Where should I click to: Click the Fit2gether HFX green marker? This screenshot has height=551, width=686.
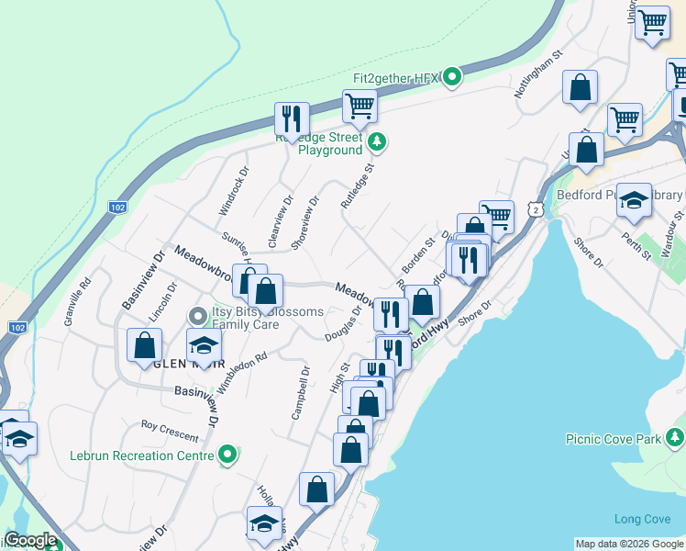point(451,77)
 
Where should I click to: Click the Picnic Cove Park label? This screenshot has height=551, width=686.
point(613,439)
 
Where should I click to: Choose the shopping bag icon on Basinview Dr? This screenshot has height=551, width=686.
point(145,346)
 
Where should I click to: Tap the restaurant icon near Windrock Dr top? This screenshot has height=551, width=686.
point(292,118)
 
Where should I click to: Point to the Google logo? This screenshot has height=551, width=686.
point(30,540)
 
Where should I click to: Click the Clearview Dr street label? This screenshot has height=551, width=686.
point(281,213)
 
